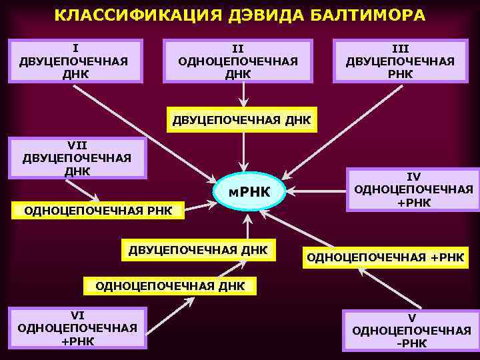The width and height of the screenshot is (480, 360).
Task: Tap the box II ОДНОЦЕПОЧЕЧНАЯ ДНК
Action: (x=238, y=61)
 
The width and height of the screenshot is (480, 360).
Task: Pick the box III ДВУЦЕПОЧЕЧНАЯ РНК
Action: (x=400, y=61)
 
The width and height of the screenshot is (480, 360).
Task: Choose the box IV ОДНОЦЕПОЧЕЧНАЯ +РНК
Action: (x=413, y=189)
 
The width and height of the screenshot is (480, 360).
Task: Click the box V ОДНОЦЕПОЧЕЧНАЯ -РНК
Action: (x=411, y=331)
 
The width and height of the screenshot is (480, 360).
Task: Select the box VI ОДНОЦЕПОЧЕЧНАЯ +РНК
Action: (x=77, y=327)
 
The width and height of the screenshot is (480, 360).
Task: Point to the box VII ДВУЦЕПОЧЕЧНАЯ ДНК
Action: (x=77, y=158)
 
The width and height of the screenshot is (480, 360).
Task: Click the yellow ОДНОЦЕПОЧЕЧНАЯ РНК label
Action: (x=98, y=211)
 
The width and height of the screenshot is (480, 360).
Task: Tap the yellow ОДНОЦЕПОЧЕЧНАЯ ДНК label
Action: (x=171, y=286)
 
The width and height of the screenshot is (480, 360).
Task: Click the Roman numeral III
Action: (x=400, y=49)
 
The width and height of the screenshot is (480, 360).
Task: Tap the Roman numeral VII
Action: (x=77, y=144)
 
